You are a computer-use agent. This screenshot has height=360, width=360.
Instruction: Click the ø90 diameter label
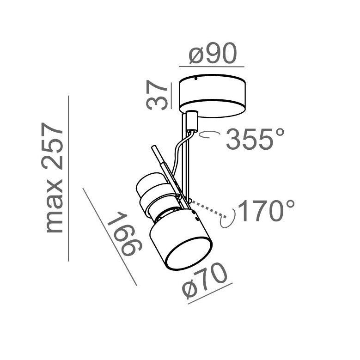coord(213,54)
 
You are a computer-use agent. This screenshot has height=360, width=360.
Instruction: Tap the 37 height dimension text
coord(157,96)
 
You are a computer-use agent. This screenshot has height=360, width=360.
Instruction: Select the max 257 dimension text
coord(52,177)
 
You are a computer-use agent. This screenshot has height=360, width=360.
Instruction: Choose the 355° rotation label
coord(255,139)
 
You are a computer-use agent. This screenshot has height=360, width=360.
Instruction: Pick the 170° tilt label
coord(266,211)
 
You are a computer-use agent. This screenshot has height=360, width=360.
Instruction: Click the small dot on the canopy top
coord(195,79)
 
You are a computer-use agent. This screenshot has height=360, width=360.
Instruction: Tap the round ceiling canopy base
coord(213,96)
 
